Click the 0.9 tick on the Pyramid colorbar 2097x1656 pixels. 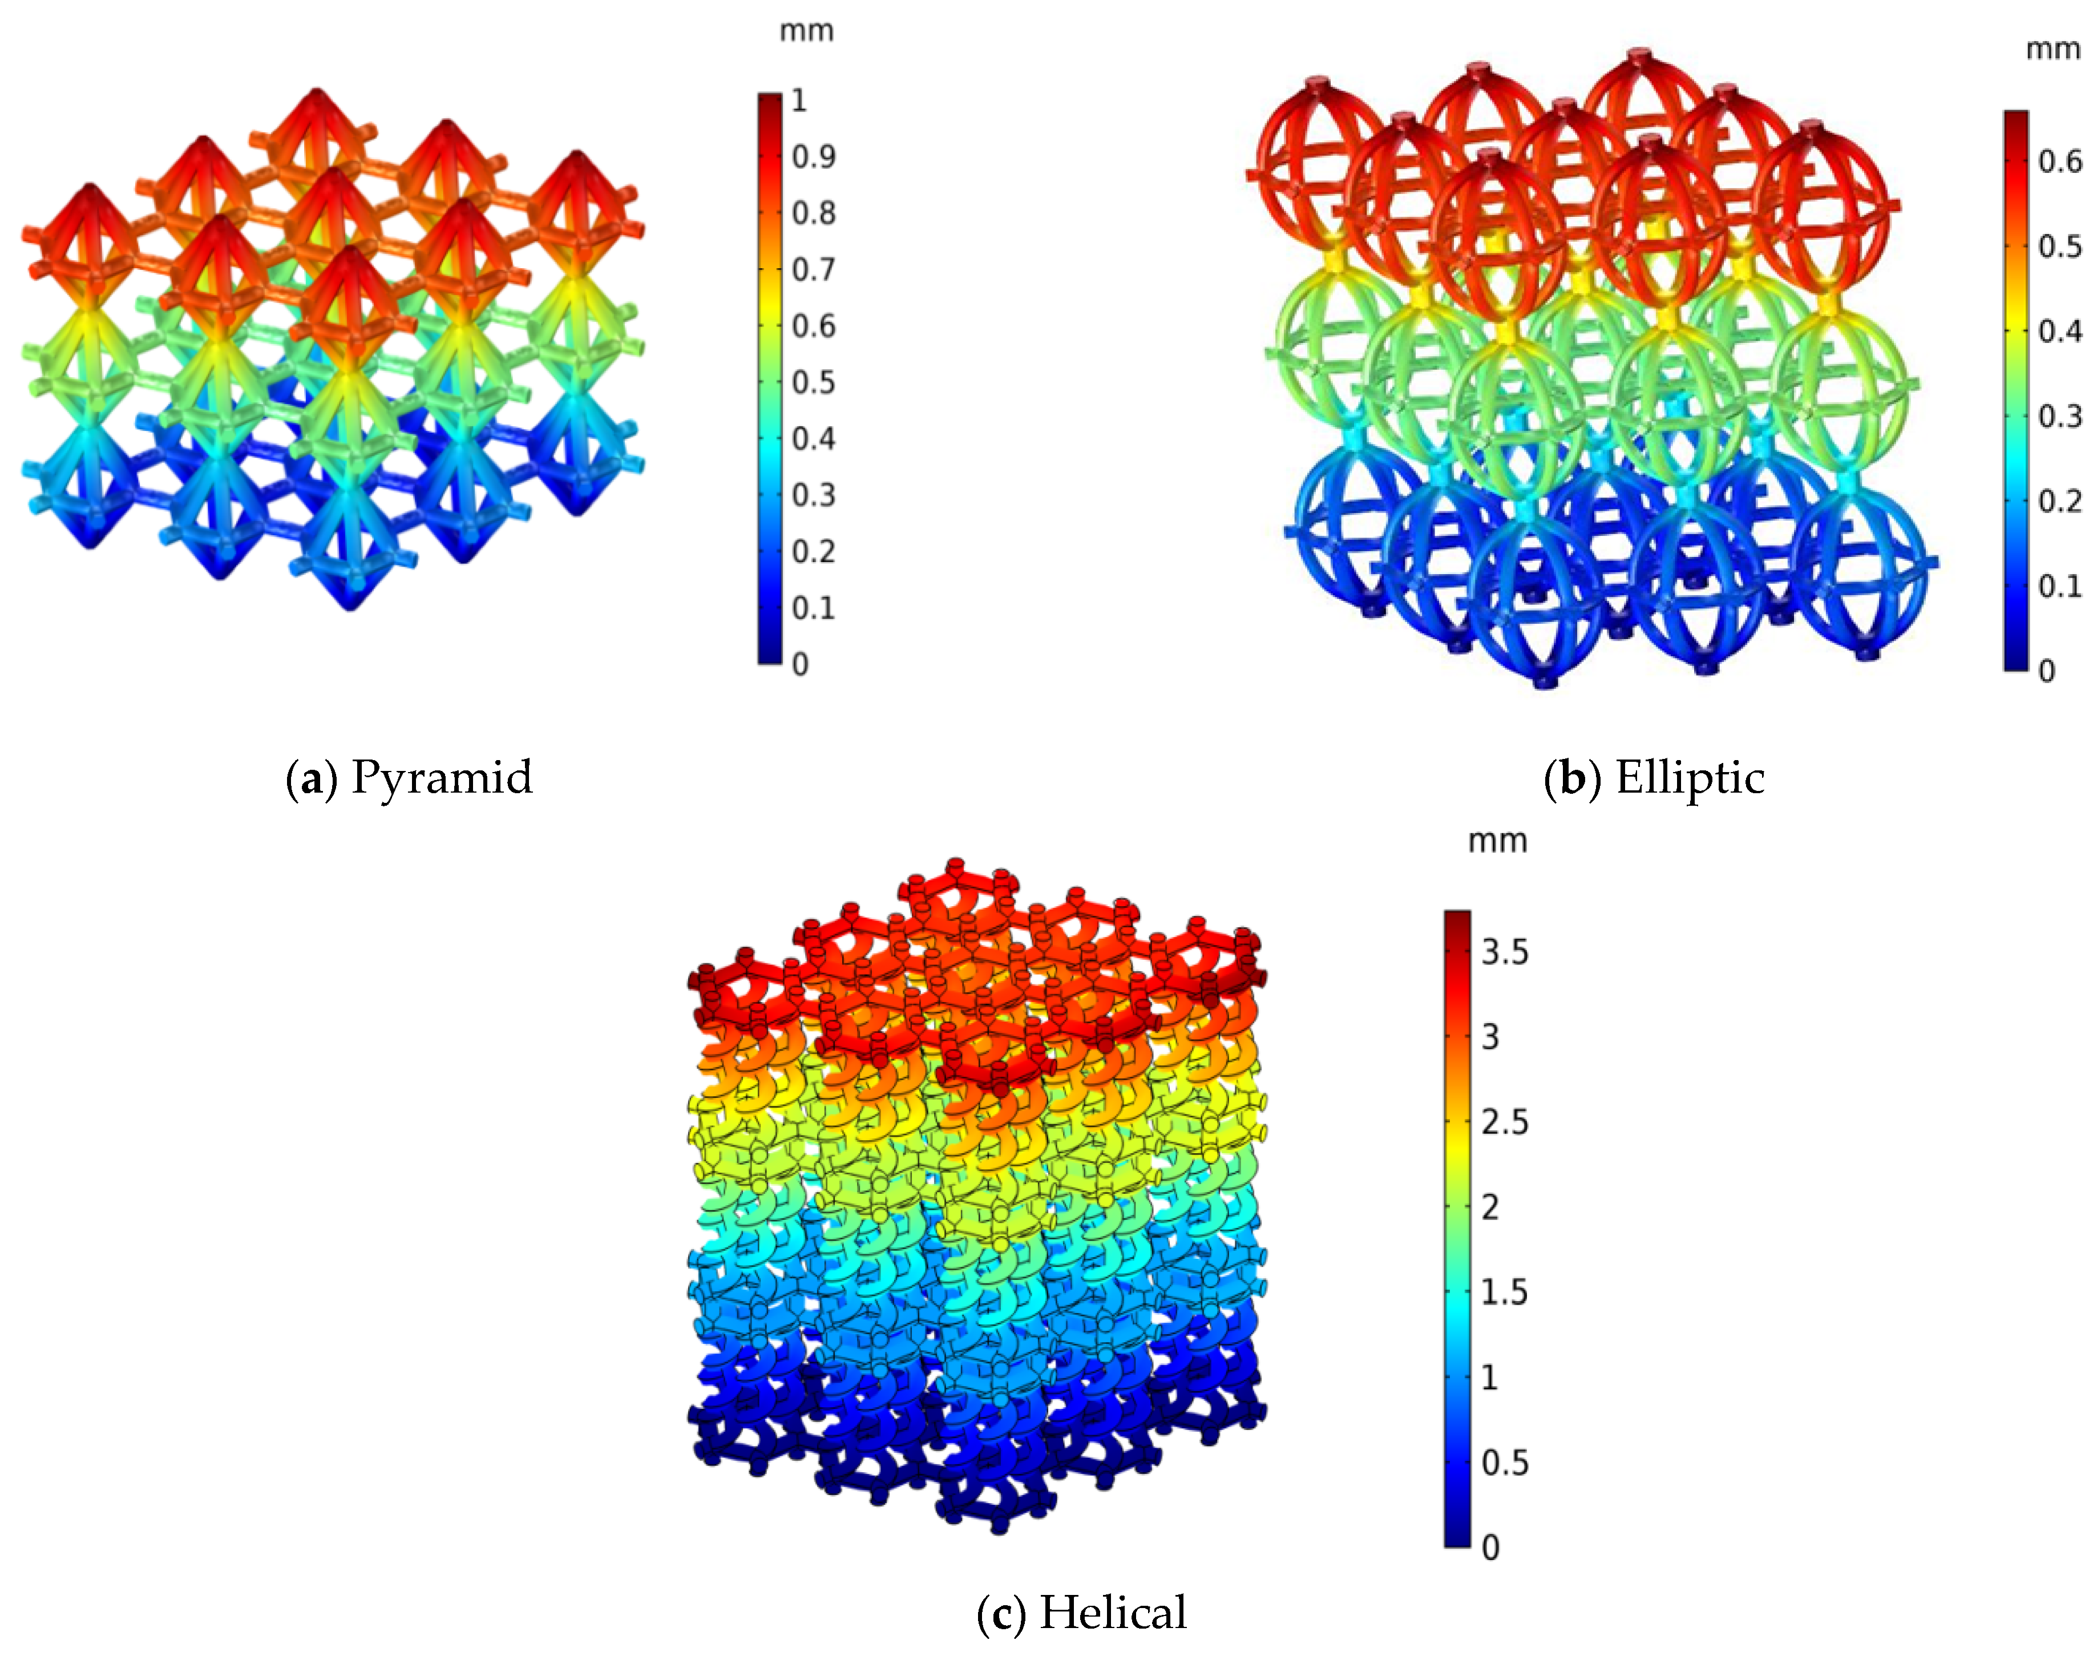pos(813,156)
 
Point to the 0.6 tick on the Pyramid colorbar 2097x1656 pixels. pos(813,326)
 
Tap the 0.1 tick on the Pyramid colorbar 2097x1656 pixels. pos(813,608)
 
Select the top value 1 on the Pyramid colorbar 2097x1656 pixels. pos(799,100)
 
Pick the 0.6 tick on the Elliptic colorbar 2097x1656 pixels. pos(2059,161)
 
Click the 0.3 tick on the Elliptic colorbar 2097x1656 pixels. pos(2059,416)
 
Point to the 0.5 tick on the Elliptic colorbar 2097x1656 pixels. pos(2059,247)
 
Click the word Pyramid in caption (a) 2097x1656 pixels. pos(442,778)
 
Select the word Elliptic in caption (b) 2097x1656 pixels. pos(1690,778)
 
